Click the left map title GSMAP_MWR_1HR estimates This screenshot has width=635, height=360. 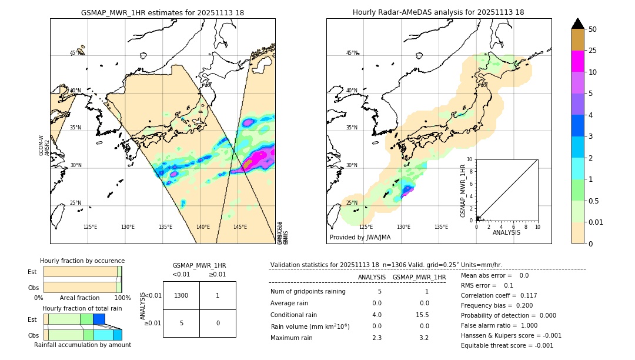pyautogui.click(x=162, y=12)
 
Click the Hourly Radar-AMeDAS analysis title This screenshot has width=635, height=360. pyautogui.click(x=438, y=12)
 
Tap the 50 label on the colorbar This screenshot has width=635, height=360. pyautogui.click(x=593, y=29)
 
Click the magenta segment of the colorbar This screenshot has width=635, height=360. pyautogui.click(x=577, y=61)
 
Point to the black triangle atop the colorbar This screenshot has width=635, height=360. pyautogui.click(x=577, y=24)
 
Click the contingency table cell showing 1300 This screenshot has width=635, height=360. pyautogui.click(x=181, y=295)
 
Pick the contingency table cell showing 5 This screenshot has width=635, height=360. pyautogui.click(x=181, y=323)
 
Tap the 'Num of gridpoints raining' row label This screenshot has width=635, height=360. pyautogui.click(x=308, y=292)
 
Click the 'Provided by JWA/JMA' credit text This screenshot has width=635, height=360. pyautogui.click(x=360, y=238)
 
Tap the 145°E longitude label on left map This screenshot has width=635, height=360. pyautogui.click(x=240, y=227)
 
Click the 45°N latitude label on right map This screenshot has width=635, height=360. pyautogui.click(x=352, y=53)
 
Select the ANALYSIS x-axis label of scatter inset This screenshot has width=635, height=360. pyautogui.click(x=506, y=233)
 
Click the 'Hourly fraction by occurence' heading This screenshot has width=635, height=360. pyautogui.click(x=82, y=261)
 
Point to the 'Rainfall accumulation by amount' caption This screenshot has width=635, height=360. pyautogui.click(x=82, y=345)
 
